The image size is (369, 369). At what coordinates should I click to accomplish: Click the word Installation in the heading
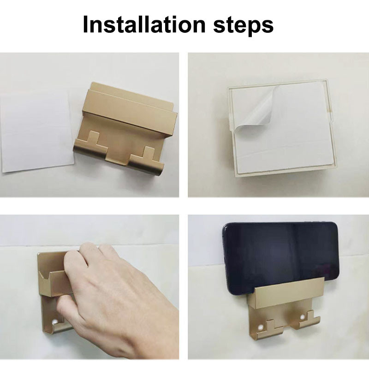tap(144, 24)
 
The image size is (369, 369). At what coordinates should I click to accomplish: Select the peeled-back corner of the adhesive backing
tap(256, 109)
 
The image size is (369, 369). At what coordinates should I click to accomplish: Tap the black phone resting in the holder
tap(280, 258)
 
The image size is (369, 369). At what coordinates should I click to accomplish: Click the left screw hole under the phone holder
tap(260, 327)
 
